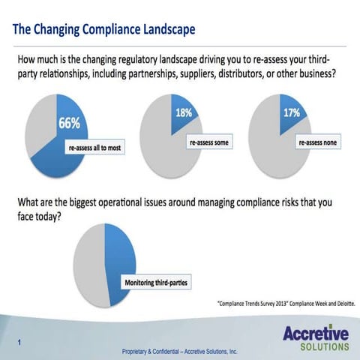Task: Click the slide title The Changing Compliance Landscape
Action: pyautogui.click(x=104, y=29)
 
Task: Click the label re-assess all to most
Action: pyautogui.click(x=95, y=148)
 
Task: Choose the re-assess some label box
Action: pyautogui.click(x=208, y=141)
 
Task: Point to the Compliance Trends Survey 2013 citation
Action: pyautogui.click(x=286, y=304)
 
